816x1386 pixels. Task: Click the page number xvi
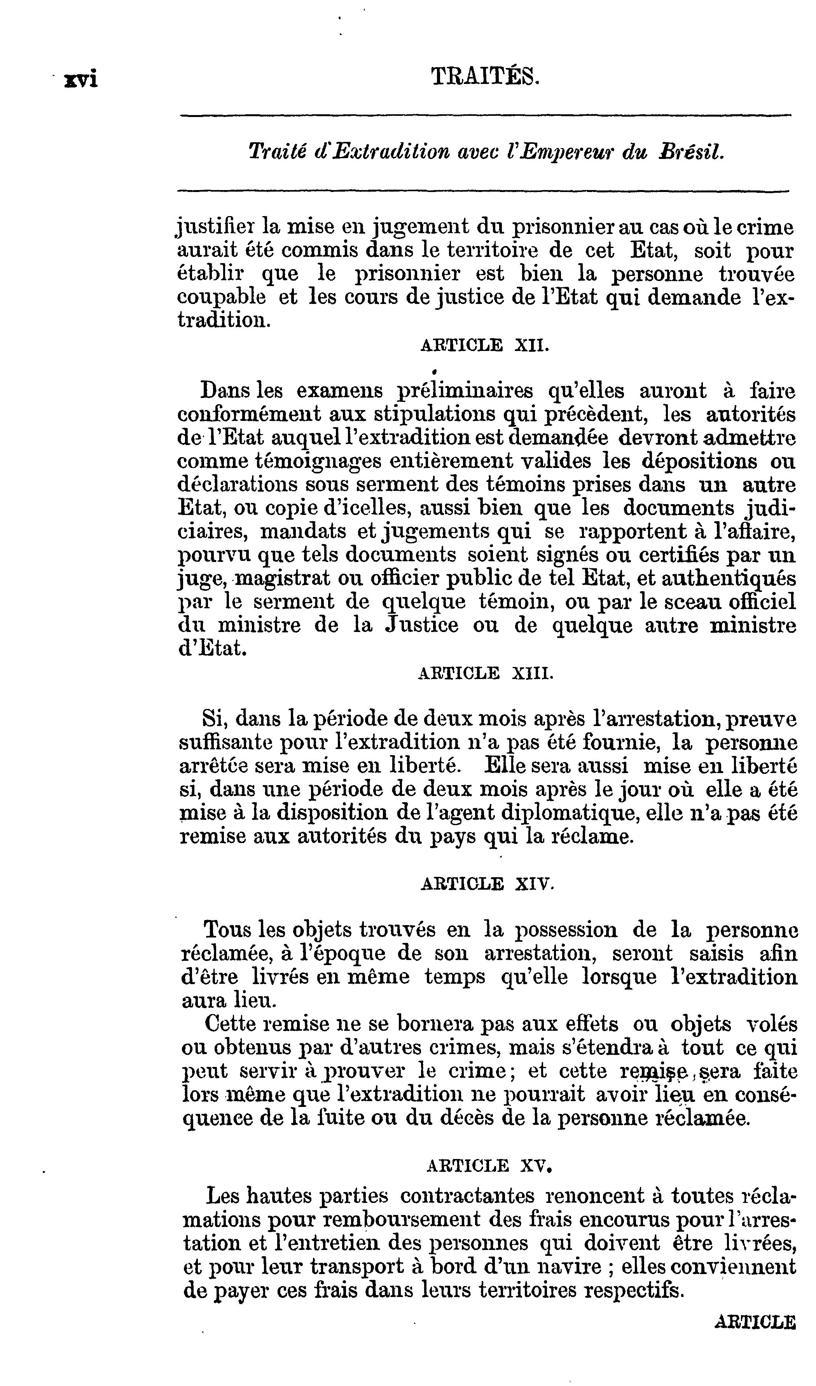pos(81,79)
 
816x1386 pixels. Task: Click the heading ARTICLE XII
pos(484,346)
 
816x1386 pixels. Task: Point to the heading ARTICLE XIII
pos(485,673)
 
